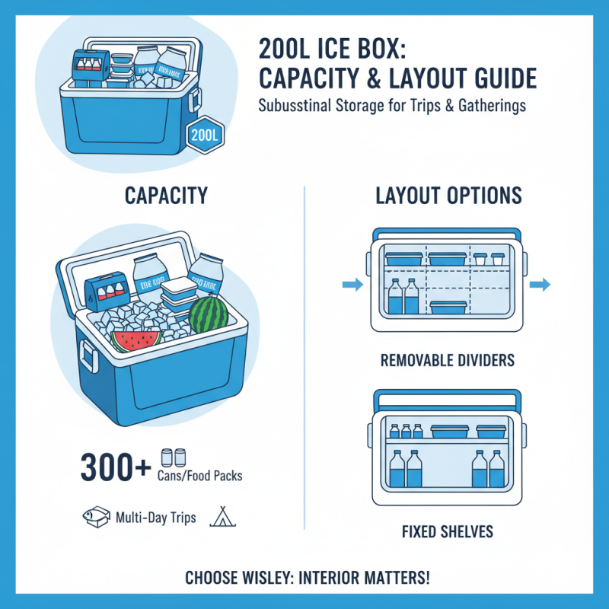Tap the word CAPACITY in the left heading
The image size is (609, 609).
[x=165, y=196]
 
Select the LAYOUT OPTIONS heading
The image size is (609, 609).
[x=449, y=196]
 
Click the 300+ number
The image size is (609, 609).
[x=116, y=467]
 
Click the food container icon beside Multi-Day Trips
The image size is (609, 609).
[x=92, y=517]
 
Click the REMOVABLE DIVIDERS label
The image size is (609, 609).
[x=448, y=359]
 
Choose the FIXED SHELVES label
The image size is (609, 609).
[x=448, y=530]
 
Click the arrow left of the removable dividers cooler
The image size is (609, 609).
[x=352, y=285]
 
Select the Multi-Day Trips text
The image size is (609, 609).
[x=156, y=518]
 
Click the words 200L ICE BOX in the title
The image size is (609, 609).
[x=333, y=49]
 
